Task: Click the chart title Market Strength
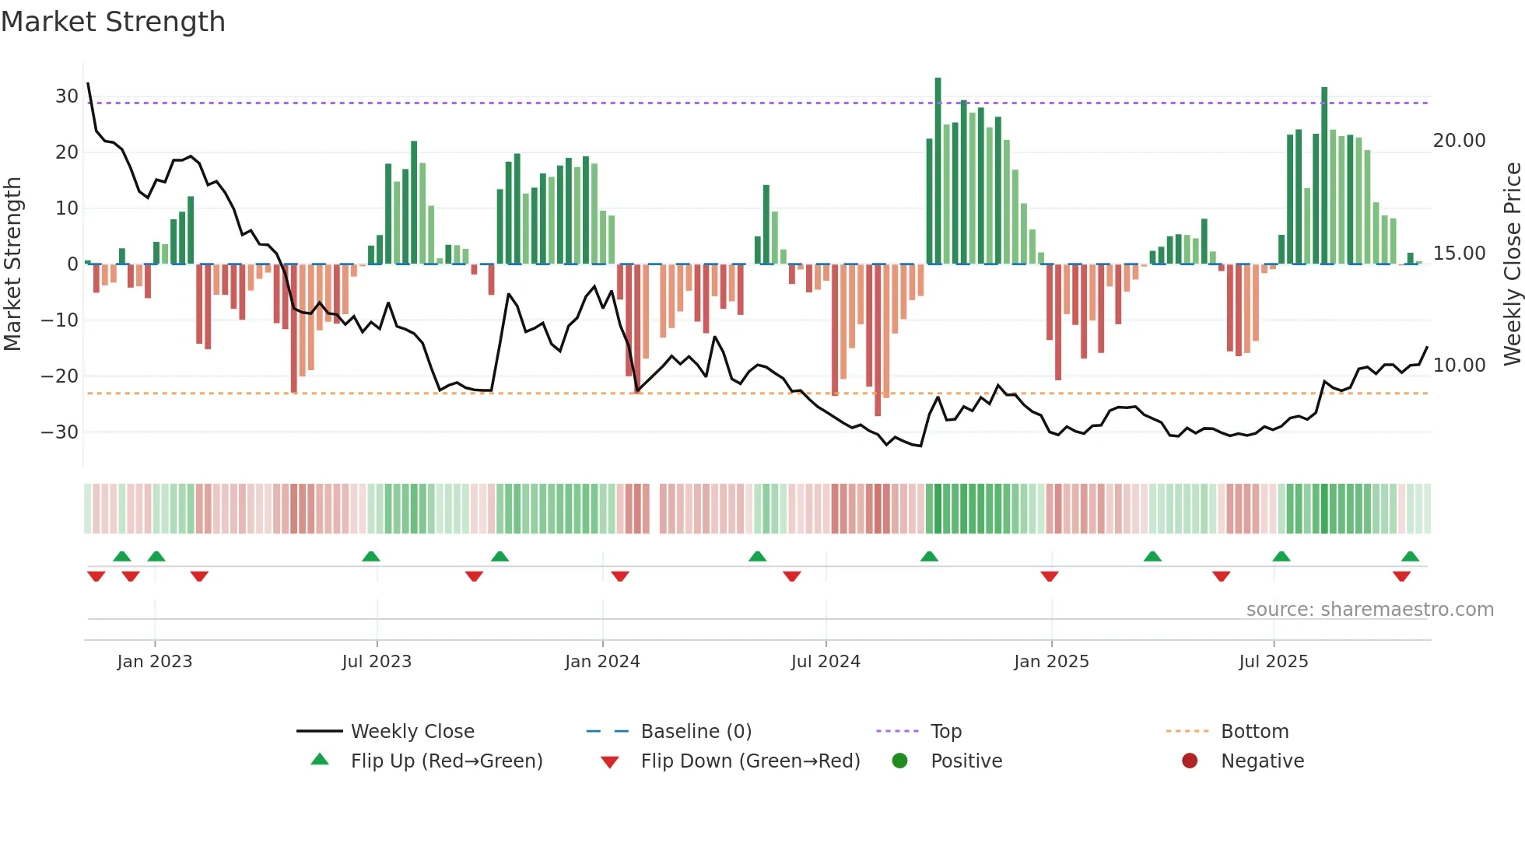(x=113, y=22)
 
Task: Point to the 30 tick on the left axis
(x=66, y=96)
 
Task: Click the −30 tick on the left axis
(x=60, y=432)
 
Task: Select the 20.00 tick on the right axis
(x=1459, y=141)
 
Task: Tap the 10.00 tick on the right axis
(x=1459, y=366)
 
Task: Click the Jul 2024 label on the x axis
(x=826, y=662)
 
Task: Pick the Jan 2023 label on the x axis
(x=154, y=662)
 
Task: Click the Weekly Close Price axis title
(x=1512, y=264)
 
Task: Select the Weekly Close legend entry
(x=412, y=732)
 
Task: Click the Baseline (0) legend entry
(x=696, y=732)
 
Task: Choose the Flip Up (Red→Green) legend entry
(x=446, y=761)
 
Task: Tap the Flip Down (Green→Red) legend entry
(x=750, y=761)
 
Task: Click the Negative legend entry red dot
(x=1190, y=761)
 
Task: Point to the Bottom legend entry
(x=1254, y=732)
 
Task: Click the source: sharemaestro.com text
(x=1369, y=610)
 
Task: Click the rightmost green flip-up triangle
(x=1410, y=556)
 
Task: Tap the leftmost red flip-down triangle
(x=96, y=576)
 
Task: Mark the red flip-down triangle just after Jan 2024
(x=620, y=576)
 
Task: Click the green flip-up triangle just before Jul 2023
(x=371, y=556)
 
